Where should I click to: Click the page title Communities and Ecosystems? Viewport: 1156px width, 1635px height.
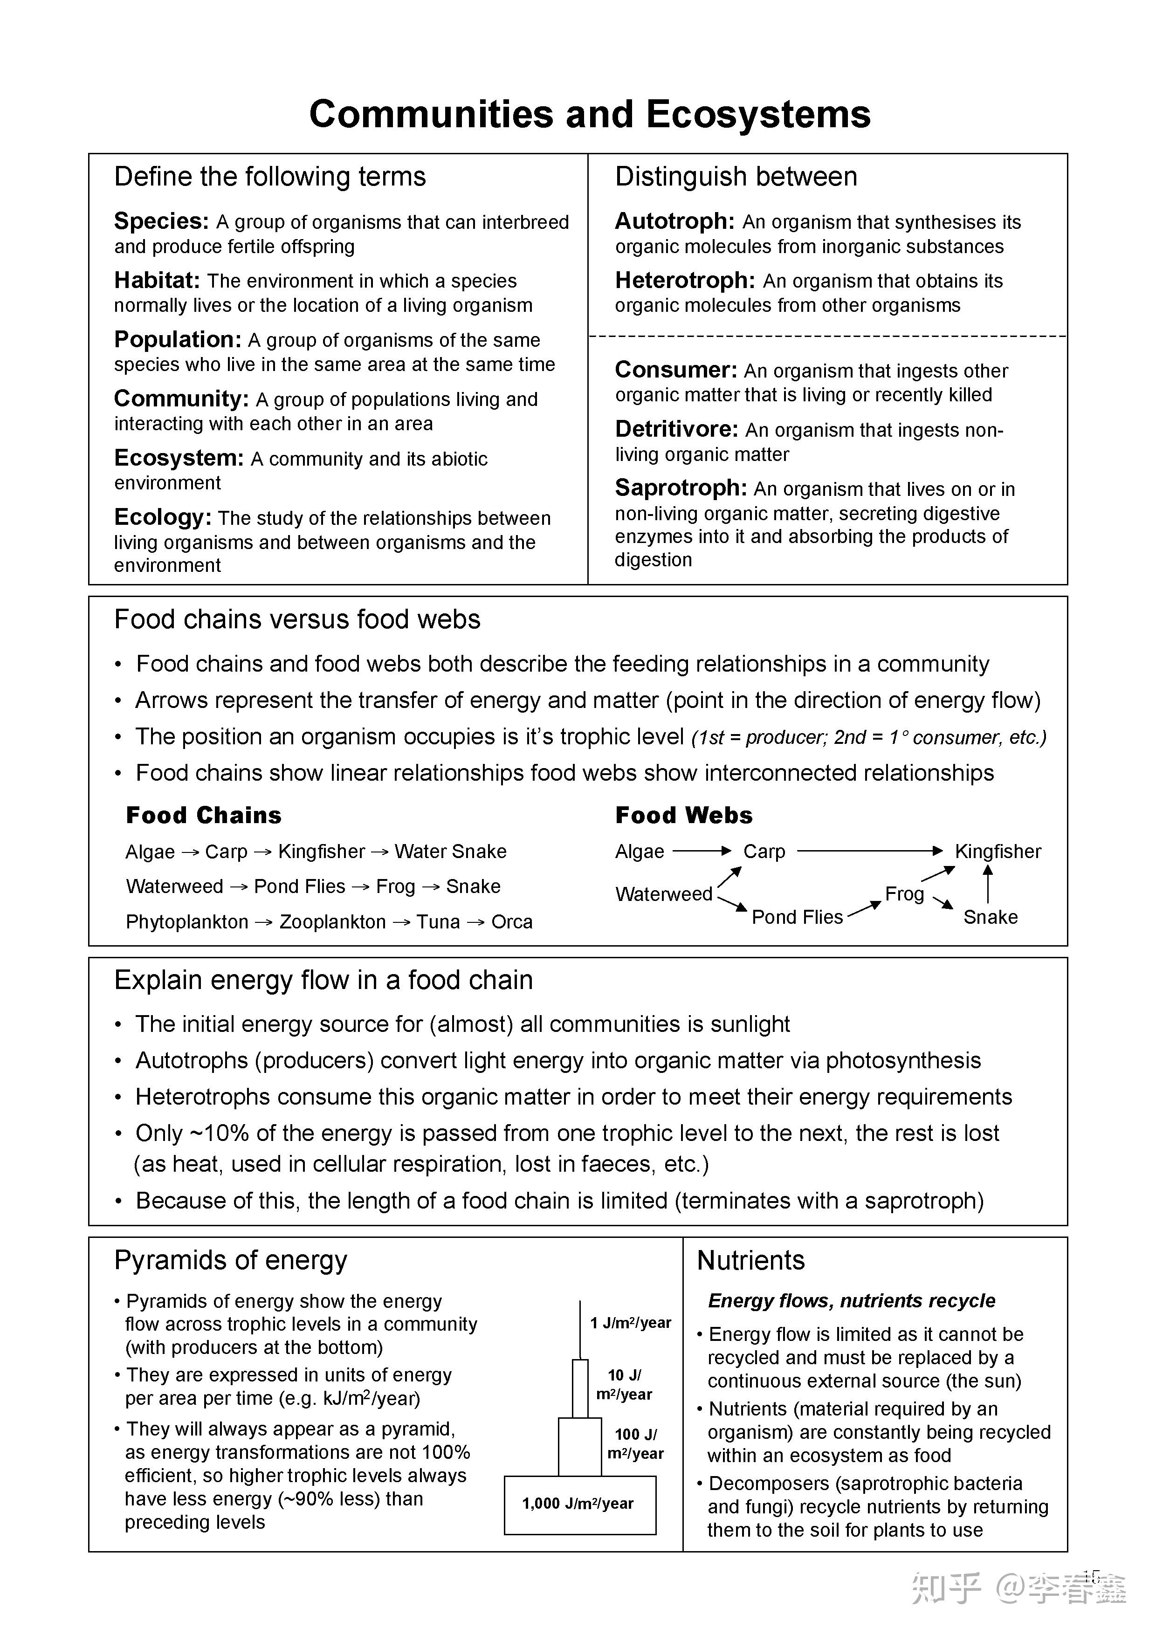pyautogui.click(x=589, y=114)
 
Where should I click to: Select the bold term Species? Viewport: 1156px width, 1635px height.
pyautogui.click(x=161, y=221)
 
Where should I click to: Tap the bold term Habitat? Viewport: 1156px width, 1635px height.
pyautogui.click(x=157, y=281)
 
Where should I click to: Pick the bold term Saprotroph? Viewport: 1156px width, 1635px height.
pyautogui.click(x=680, y=488)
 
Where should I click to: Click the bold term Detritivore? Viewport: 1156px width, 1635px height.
pyautogui.click(x=676, y=429)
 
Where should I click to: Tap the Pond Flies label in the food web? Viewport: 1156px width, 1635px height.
pyautogui.click(x=797, y=917)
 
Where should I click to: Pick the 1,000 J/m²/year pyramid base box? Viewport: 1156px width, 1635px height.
pyautogui.click(x=579, y=1504)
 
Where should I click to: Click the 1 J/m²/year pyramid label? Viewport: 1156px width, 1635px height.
pyautogui.click(x=630, y=1323)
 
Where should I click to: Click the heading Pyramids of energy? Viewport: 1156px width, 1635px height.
pyautogui.click(x=230, y=1260)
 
